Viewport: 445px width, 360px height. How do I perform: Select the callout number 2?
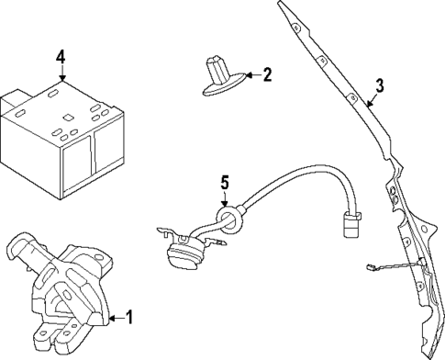[268, 74]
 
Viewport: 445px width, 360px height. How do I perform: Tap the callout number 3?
[378, 87]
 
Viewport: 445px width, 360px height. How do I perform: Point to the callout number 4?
[60, 57]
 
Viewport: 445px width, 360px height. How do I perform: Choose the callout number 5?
[223, 184]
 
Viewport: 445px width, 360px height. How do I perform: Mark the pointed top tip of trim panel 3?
[281, 5]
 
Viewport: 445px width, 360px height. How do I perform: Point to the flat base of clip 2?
[220, 87]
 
